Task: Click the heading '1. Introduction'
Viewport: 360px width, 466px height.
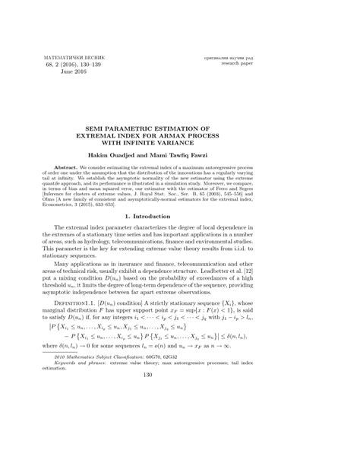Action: tap(180, 217)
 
